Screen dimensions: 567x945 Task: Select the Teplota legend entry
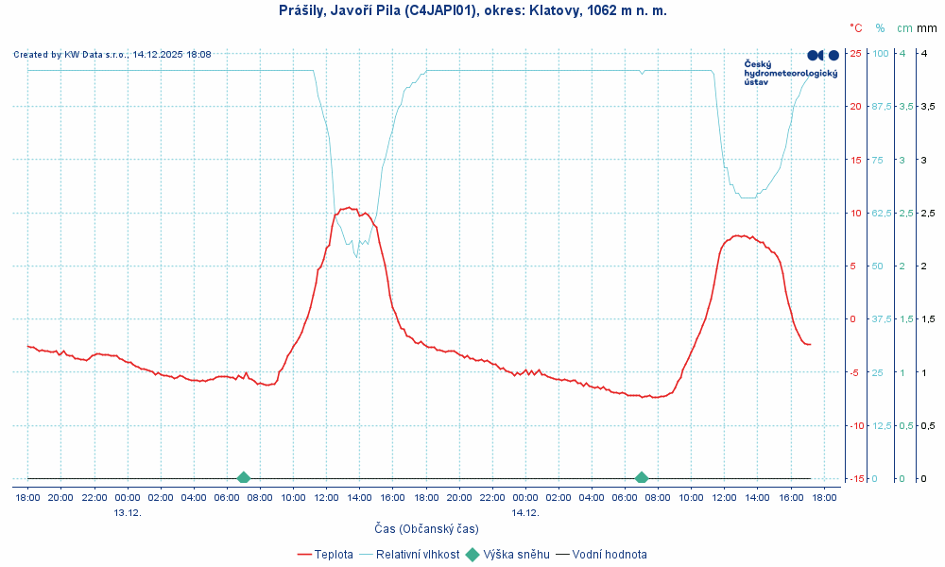334,555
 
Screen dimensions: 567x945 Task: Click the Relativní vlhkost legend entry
418,555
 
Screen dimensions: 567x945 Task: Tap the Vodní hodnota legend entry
610,555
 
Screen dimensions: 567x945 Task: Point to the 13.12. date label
128,512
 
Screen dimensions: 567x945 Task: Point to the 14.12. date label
525,512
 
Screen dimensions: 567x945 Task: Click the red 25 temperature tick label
855,53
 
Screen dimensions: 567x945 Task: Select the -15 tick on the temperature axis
855,478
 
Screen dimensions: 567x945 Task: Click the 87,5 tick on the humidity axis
881,106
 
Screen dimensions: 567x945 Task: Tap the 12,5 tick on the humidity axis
881,425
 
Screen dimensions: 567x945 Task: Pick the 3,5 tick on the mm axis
903,106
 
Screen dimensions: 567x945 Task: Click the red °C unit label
856,28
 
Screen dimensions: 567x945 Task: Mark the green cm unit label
905,28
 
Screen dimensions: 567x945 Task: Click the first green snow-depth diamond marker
244,478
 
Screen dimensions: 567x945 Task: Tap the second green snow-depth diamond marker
642,478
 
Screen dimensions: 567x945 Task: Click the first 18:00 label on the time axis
27,497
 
